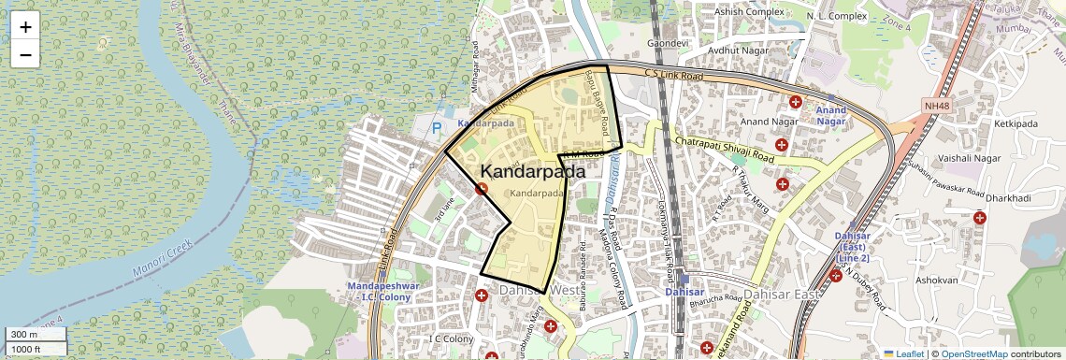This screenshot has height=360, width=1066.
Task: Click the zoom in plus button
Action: click(x=25, y=27)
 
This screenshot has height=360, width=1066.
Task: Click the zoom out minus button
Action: click(x=25, y=55)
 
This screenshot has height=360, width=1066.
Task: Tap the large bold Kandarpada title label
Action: click(x=533, y=172)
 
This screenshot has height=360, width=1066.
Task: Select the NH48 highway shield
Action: click(x=936, y=107)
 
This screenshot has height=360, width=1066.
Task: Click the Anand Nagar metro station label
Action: click(x=830, y=115)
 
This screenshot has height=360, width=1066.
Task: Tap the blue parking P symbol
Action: click(x=436, y=128)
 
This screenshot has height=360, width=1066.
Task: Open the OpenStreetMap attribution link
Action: click(x=974, y=354)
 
